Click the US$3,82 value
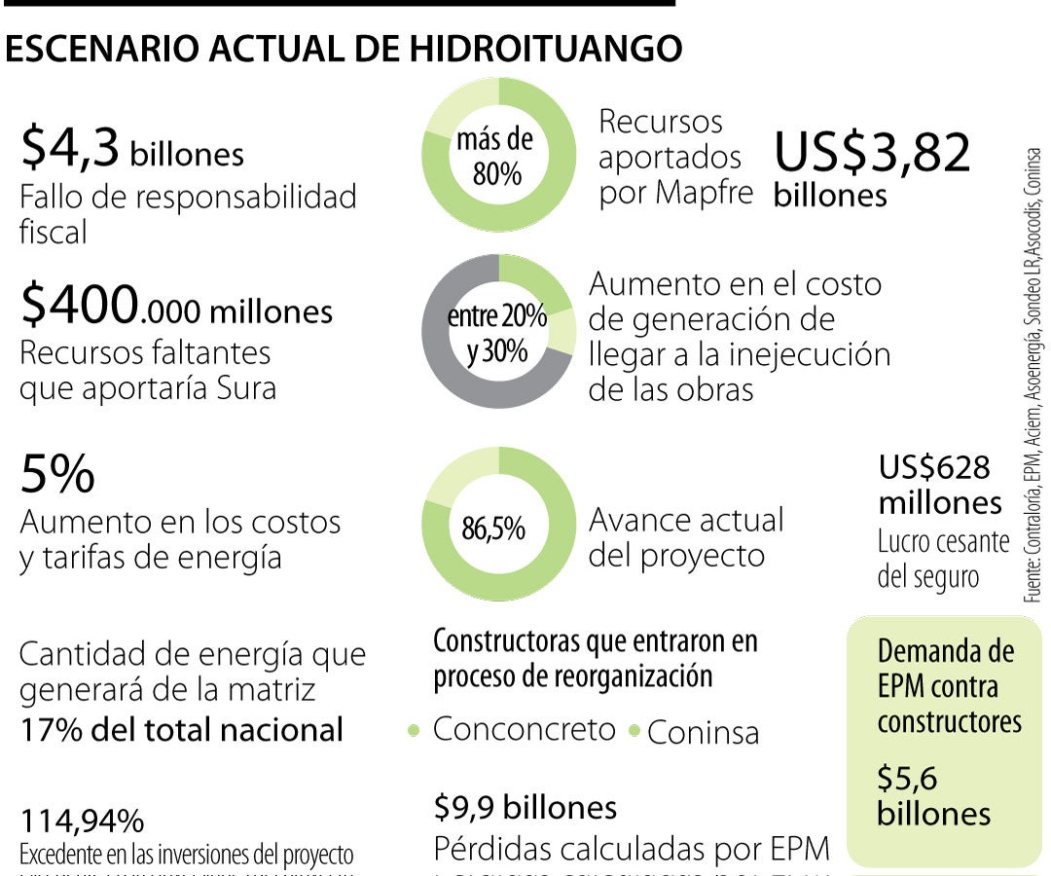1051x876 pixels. point(872,153)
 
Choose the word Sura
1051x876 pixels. point(242,387)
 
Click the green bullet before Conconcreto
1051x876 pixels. point(415,730)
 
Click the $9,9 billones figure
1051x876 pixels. point(525,807)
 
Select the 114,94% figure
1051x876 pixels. point(82,821)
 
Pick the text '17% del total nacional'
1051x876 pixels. point(182,729)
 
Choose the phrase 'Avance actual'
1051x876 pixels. point(686,520)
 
